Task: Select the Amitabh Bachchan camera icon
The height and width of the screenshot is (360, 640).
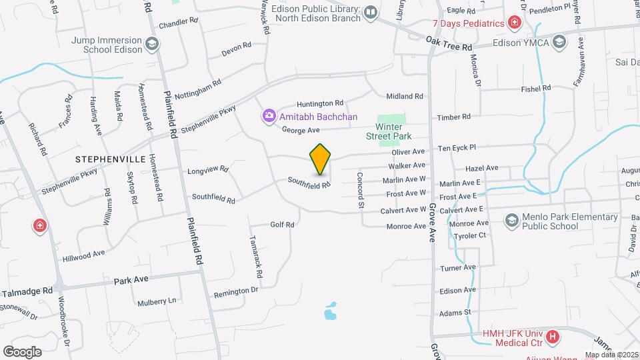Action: tap(269, 117)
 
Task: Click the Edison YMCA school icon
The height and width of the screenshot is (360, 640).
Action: tap(559, 42)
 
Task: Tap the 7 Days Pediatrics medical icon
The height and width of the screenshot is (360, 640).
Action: tap(514, 23)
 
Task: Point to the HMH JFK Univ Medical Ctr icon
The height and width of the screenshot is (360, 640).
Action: tap(552, 337)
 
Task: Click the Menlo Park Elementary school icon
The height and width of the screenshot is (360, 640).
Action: tap(512, 221)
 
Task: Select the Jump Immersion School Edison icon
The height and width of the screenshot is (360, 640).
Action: tap(153, 44)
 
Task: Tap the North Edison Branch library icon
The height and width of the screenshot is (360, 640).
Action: tap(371, 11)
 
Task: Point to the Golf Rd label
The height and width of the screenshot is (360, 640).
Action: tap(282, 225)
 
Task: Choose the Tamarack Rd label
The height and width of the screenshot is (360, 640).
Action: tap(255, 257)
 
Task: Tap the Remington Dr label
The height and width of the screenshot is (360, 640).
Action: tap(235, 292)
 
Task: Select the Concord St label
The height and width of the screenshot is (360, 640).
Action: tap(360, 190)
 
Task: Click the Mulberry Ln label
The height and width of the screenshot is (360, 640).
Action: tap(157, 301)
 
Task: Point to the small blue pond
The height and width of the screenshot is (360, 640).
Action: tap(330, 311)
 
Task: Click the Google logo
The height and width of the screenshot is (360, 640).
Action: tap(23, 351)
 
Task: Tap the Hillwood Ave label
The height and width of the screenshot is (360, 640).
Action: tap(83, 254)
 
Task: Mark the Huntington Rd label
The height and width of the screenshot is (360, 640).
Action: tap(320, 103)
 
